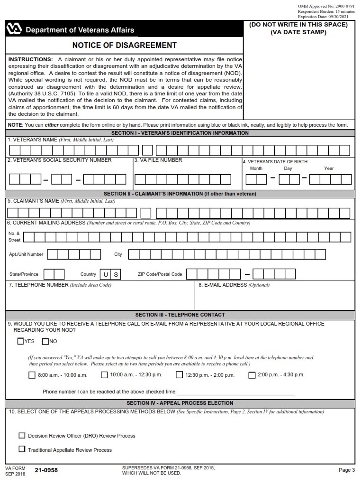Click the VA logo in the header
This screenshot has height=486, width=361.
pos(14,29)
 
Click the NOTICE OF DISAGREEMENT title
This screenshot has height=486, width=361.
pos(124,46)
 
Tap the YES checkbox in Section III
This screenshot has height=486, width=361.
pos(20,341)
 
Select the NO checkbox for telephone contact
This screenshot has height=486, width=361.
pos(45,341)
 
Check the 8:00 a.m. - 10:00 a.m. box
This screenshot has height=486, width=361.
pos(32,375)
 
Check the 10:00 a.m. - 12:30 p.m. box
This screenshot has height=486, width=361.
pos(104,375)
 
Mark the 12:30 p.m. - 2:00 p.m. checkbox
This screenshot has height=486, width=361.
pos(179,375)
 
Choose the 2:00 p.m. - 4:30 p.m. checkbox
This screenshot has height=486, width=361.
pos(252,375)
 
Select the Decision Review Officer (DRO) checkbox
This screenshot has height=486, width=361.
pos(22,435)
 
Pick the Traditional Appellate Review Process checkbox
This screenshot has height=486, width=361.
pos(22,449)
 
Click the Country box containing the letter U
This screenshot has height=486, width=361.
pos(105,274)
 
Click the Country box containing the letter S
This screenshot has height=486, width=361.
pos(116,274)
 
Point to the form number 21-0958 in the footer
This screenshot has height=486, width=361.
pos(46,470)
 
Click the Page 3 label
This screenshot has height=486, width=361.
pos(346,470)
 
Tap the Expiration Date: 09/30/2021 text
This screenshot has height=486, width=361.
pos(326,17)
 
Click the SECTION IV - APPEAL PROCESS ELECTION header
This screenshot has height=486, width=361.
pos(180,403)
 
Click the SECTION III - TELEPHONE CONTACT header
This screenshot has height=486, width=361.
pos(180,315)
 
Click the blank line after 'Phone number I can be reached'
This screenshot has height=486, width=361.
pos(235,392)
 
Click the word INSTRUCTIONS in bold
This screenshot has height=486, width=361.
pos(30,59)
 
